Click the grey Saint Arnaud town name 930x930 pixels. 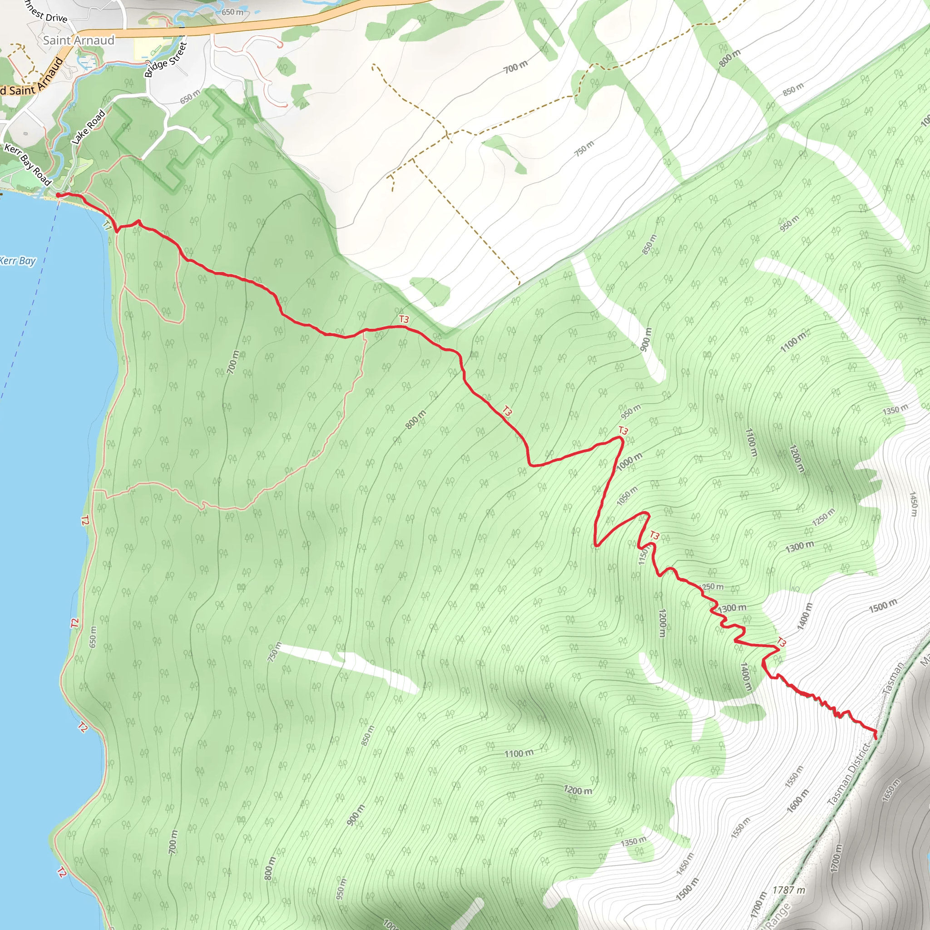click(x=79, y=40)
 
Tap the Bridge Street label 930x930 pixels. click(x=166, y=59)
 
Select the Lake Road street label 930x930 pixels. click(x=89, y=127)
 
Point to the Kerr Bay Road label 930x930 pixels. click(x=27, y=164)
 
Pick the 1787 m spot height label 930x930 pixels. click(x=788, y=890)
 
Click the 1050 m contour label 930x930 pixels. click(x=627, y=496)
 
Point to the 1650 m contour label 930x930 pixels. click(x=890, y=790)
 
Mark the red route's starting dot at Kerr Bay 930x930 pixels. click(x=58, y=195)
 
